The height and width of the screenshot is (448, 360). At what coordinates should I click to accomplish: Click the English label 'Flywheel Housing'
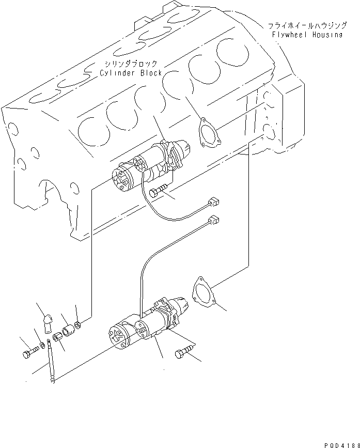(307, 35)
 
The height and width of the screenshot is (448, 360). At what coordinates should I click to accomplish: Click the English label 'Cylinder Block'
(131, 73)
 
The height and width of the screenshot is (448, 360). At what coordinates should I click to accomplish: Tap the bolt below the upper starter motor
(158, 192)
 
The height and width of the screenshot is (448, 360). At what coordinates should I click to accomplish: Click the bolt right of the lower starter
(183, 354)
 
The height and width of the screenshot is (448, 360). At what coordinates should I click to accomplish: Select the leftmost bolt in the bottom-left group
(28, 354)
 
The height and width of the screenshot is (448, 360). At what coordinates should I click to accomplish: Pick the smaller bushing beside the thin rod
(58, 338)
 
